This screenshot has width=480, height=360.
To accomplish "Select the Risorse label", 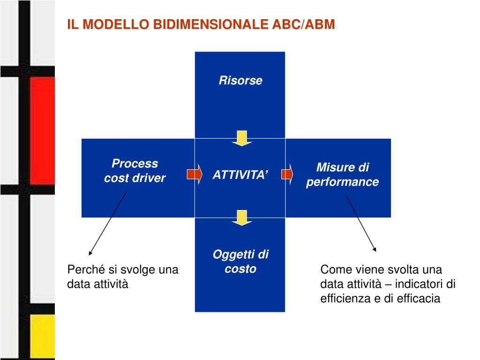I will coord(240,81).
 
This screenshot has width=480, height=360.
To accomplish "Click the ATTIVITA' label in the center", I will coord(240,175).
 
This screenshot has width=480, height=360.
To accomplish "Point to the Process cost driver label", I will coord(135,171).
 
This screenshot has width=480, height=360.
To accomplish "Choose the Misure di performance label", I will coord(342,175).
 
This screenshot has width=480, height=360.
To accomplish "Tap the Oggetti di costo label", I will coord(240,262).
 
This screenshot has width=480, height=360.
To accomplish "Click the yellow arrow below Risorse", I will coord(241,138).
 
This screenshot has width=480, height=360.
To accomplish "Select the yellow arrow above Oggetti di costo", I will coord(241,217).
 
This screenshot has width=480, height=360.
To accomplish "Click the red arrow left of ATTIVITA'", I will coord(195,174).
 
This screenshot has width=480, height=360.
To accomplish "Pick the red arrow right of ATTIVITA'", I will coord(287,174).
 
